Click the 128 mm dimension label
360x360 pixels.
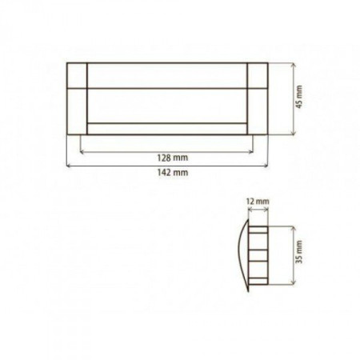click(173, 158)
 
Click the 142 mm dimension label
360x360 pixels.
click(173, 173)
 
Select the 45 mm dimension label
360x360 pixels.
click(299, 97)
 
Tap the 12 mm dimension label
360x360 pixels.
click(258, 201)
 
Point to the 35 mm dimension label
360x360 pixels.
click(299, 252)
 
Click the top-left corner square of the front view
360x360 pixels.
click(77, 75)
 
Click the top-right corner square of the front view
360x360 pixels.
click(258, 75)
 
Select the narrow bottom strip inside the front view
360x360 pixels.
click(167, 129)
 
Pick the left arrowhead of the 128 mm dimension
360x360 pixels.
click(82, 152)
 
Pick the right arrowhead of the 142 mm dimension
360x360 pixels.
click(266, 166)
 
